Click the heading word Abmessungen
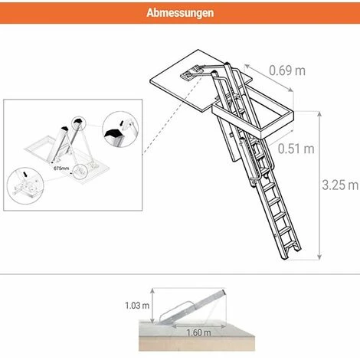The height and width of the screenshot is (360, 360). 180,13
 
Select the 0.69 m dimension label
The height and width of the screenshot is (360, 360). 287,70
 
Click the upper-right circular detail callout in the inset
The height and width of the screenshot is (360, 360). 120,131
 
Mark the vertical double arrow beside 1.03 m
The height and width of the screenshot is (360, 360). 153,306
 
